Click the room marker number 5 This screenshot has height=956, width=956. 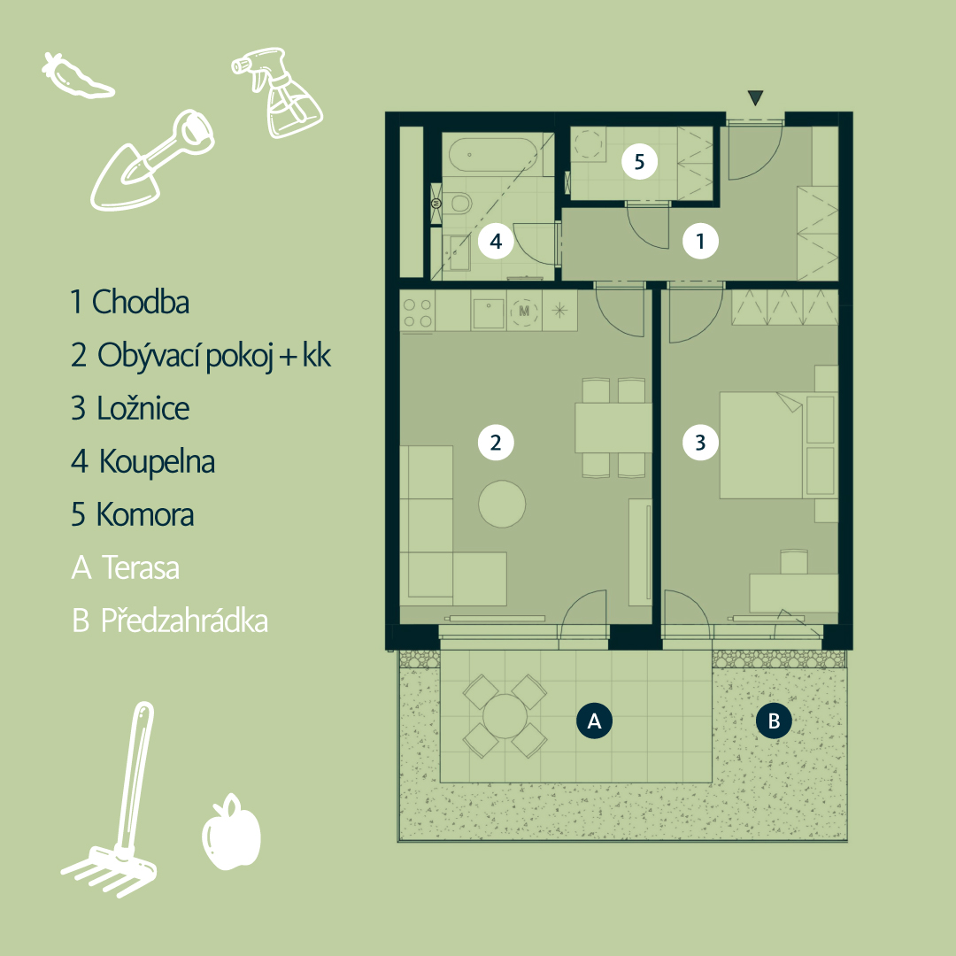[639, 162]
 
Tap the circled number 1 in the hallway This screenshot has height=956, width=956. [700, 242]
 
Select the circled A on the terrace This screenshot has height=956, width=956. [594, 721]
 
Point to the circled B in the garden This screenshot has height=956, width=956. [774, 721]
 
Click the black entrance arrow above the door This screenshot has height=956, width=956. [755, 97]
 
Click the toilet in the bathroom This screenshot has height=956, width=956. [457, 203]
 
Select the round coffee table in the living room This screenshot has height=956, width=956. [502, 504]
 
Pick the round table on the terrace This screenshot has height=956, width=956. [505, 716]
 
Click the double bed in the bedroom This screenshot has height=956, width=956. [762, 445]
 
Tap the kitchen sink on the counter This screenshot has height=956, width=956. [489, 312]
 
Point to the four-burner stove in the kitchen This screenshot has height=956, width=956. [417, 312]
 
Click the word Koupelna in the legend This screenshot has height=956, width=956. [158, 461]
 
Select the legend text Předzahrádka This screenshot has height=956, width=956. [184, 621]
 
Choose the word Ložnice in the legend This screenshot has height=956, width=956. [143, 408]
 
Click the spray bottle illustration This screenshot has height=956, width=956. [278, 91]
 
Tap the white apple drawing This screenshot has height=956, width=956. [231, 832]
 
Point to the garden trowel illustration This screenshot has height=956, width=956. [152, 162]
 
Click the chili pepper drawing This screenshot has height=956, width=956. [77, 76]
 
